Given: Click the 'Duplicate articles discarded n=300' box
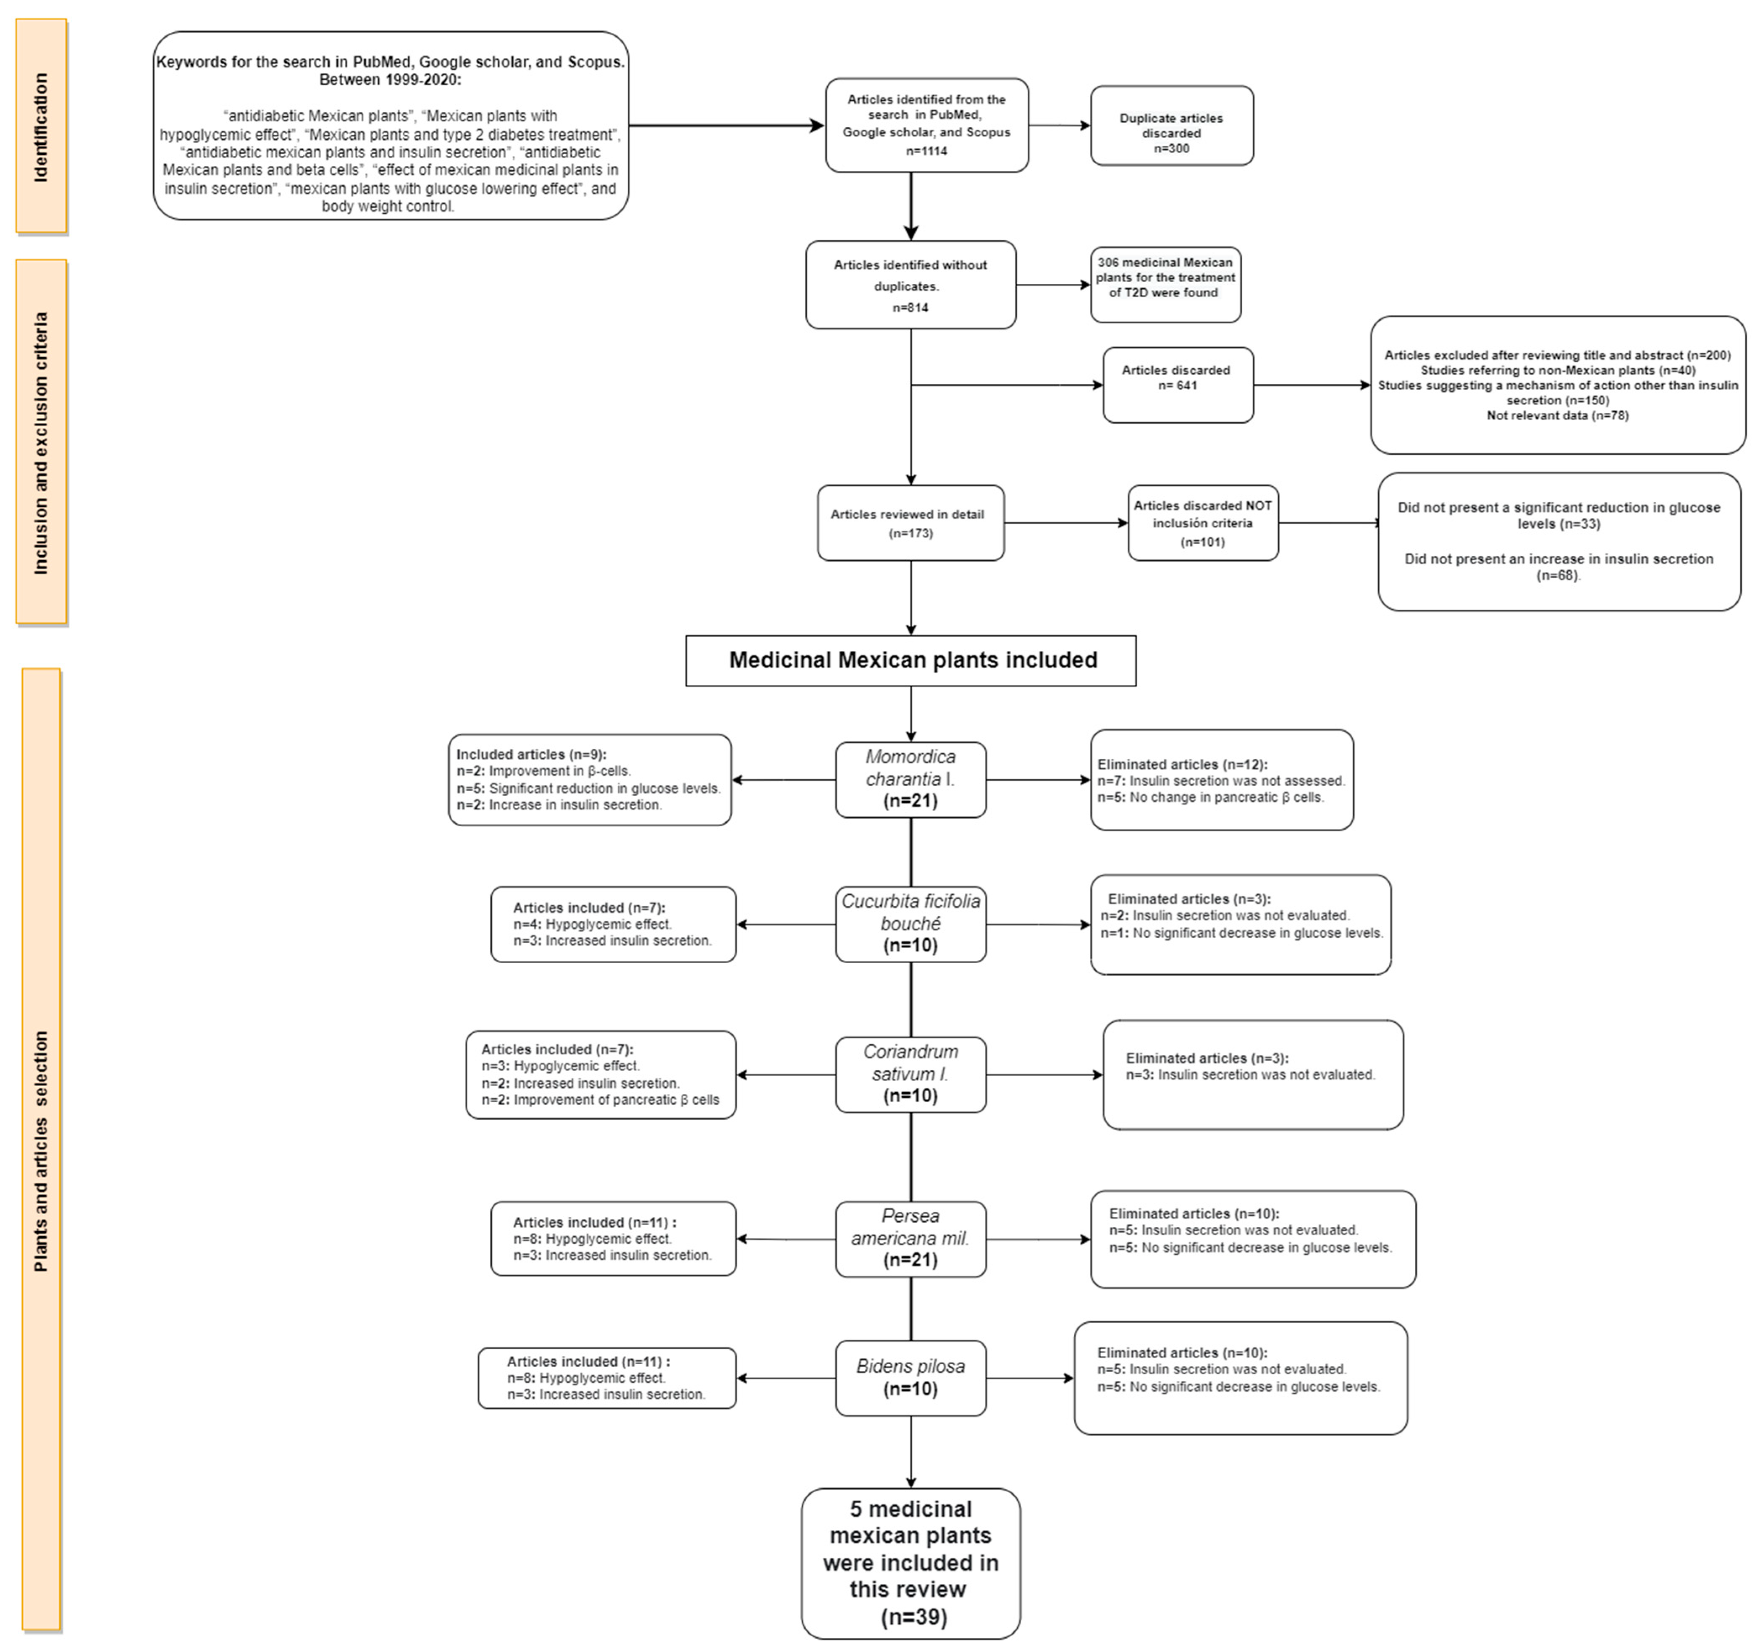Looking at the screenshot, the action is click(1172, 125).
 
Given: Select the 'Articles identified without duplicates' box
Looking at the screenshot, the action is click(911, 285).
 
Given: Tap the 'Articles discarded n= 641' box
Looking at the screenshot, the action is click(1178, 385).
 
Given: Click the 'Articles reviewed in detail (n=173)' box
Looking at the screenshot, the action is click(911, 523).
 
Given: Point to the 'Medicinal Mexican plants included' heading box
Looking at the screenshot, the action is click(911, 660).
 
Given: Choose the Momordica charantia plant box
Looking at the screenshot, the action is click(911, 779).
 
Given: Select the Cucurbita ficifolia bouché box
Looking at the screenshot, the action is click(911, 924).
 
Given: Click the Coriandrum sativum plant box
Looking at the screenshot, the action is click(911, 1074).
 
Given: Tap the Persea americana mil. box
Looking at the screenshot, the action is click(911, 1239).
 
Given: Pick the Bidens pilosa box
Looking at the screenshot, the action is click(911, 1378).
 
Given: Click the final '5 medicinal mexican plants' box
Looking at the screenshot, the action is click(911, 1563).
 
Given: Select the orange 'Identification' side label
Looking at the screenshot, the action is click(41, 127).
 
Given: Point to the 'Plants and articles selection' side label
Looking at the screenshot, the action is click(41, 1150).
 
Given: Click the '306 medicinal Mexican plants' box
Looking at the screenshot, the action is click(1165, 285).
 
